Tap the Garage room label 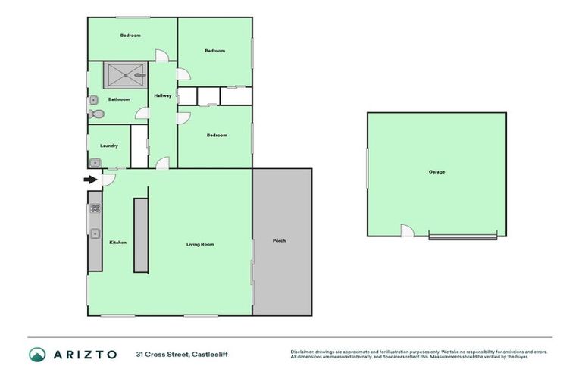(436, 172)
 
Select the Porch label (279, 241)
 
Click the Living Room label (201, 244)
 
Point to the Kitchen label (117, 242)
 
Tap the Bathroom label (119, 99)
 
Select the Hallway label (163, 96)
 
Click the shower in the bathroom (125, 75)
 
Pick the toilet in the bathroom (95, 114)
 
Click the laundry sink (95, 162)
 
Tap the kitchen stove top (95, 207)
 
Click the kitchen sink (95, 233)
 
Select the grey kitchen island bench (141, 235)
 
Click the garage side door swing (407, 230)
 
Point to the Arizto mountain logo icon (38, 355)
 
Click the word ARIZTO (84, 355)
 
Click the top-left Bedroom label (131, 36)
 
